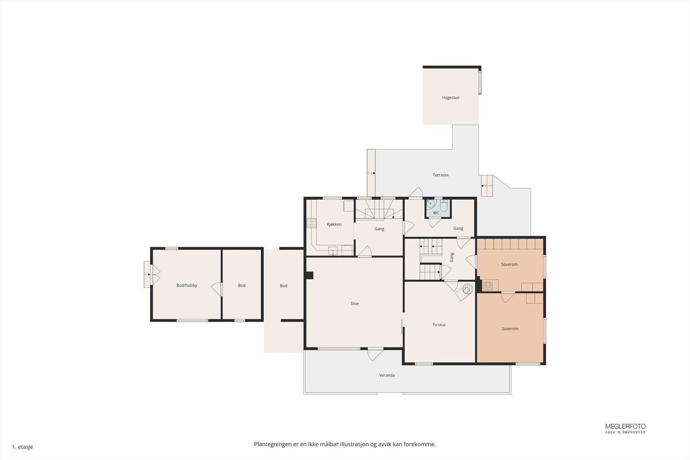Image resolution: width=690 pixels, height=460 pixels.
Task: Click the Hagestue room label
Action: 451,97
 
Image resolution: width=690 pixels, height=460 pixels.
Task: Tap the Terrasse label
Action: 440,175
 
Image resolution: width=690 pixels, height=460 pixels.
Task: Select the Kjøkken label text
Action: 334,224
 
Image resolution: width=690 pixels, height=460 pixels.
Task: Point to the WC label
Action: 436,213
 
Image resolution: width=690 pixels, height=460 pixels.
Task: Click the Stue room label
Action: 354,303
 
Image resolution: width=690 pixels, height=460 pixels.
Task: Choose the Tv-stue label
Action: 439,325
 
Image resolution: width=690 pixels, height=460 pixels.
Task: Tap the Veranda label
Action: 386,375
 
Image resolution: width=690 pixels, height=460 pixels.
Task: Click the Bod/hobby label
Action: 187,285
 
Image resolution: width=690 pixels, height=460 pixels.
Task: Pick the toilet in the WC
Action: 444,205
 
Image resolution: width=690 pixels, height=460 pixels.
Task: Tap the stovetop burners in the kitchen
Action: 311,223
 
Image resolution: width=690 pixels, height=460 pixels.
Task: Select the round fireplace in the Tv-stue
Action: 467,289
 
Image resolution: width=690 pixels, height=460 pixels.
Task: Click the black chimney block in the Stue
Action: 309,275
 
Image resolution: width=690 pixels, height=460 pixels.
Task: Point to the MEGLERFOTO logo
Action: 625,428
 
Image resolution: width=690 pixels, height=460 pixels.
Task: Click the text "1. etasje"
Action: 22,447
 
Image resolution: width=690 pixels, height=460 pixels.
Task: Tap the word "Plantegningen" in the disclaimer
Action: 273,444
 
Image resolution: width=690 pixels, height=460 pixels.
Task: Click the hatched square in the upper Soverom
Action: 488,286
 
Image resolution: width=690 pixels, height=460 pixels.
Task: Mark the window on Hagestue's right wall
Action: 480,82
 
